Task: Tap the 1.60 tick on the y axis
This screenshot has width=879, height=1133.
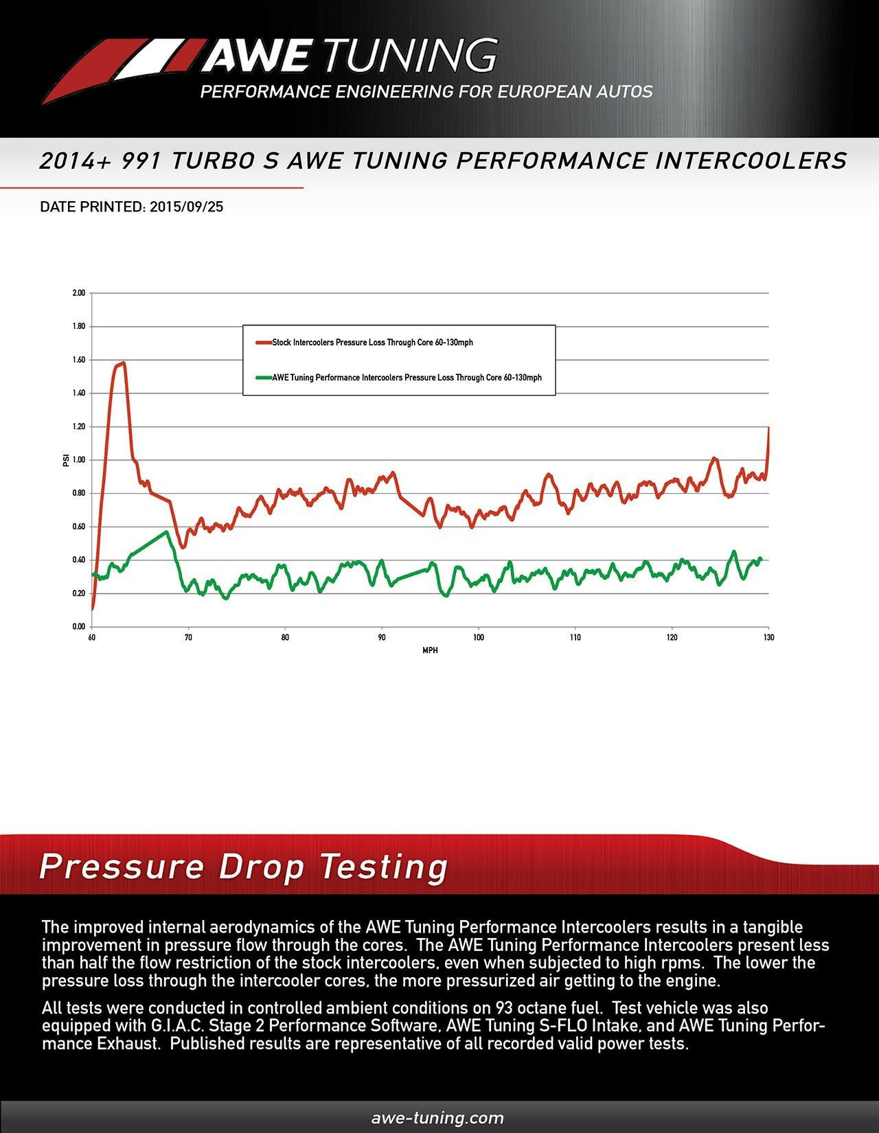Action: click(78, 360)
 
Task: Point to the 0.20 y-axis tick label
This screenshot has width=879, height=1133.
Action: click(78, 593)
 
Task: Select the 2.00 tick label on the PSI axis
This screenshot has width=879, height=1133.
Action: click(78, 293)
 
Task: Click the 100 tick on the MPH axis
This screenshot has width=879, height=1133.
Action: click(479, 637)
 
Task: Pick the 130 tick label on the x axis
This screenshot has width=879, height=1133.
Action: click(768, 637)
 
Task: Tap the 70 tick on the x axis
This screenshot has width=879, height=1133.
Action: click(188, 637)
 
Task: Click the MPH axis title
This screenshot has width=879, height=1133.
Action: click(430, 650)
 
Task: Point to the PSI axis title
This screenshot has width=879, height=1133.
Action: click(65, 460)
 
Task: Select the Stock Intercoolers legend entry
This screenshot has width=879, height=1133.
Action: click(372, 342)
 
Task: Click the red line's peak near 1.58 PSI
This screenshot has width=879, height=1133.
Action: click(122, 363)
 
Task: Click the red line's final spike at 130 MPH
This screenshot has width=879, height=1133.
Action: click(768, 428)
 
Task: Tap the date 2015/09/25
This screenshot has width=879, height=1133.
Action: click(185, 207)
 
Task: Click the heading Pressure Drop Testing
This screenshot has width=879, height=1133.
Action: click(244, 867)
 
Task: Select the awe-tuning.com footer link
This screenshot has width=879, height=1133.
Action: click(437, 1118)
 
